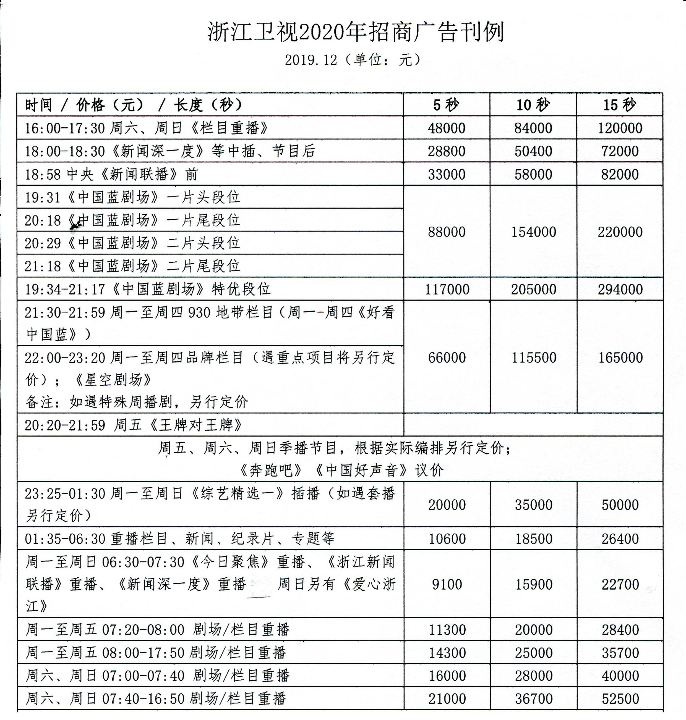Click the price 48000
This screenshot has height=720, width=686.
[447, 128]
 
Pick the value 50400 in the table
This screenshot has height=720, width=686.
[533, 151]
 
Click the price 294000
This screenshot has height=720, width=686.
[620, 289]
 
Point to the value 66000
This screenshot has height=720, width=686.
[447, 358]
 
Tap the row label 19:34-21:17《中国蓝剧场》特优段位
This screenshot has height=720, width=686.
[147, 289]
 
